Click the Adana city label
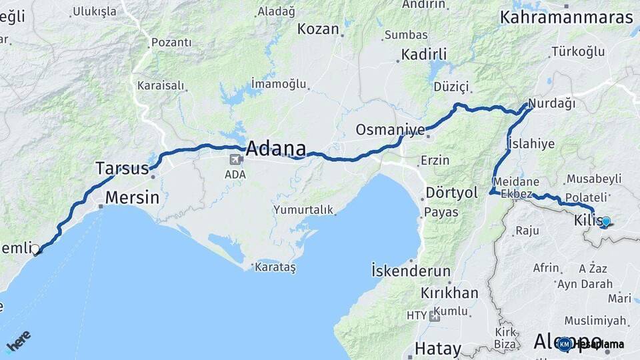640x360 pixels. pyautogui.click(x=276, y=148)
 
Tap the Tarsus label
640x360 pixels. pyautogui.click(x=122, y=168)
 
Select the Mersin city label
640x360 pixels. pyautogui.click(x=133, y=197)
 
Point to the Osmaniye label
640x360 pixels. pyautogui.click(x=390, y=129)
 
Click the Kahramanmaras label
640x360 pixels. pyautogui.click(x=567, y=17)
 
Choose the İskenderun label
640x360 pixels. pyautogui.click(x=411, y=271)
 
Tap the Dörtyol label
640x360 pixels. pyautogui.click(x=452, y=193)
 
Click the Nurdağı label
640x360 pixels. pyautogui.click(x=551, y=103)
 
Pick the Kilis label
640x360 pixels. pyautogui.click(x=586, y=221)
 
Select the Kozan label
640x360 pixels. pyautogui.click(x=319, y=29)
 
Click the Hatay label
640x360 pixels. pyautogui.click(x=437, y=348)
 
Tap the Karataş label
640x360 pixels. pyautogui.click(x=275, y=267)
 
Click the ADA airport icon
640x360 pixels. pyautogui.click(x=235, y=160)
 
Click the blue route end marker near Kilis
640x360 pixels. pyautogui.click(x=605, y=221)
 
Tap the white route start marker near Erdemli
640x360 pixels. pyautogui.click(x=35, y=249)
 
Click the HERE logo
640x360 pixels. pyautogui.click(x=18, y=340)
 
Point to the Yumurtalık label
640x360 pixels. pyautogui.click(x=303, y=210)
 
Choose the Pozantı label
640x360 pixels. pyautogui.click(x=171, y=43)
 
